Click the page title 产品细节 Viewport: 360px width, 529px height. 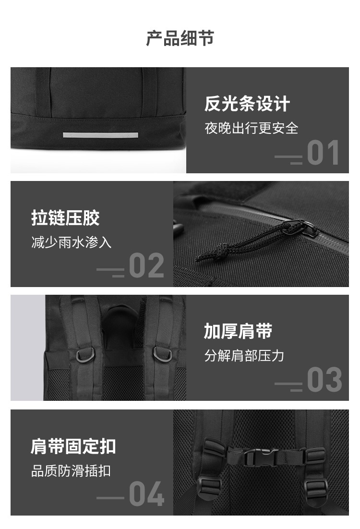(180, 38)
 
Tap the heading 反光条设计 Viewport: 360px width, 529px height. (247, 104)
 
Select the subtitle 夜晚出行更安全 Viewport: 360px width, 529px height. (252, 128)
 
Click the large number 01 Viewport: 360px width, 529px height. (323, 153)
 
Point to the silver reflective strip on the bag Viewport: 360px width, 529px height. (100, 135)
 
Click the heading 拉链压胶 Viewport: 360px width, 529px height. (65, 217)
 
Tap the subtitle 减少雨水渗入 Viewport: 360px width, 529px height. (71, 242)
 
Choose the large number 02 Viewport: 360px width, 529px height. (146, 266)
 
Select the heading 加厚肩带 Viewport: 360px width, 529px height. (238, 331)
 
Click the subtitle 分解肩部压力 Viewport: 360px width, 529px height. (244, 356)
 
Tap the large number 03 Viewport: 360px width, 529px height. (324, 380)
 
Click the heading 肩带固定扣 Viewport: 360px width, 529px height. (73, 447)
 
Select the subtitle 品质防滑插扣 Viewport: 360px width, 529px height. (71, 471)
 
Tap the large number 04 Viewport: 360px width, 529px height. (146, 494)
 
